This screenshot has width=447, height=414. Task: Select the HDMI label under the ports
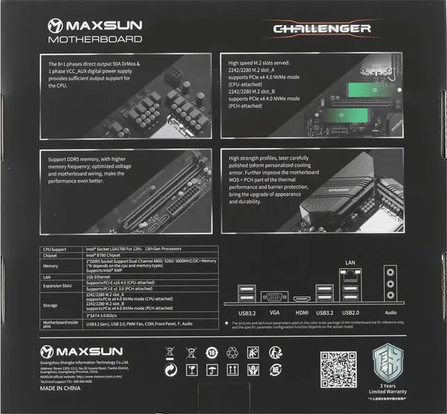click(x=302, y=314)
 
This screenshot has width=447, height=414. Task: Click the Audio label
click(x=390, y=314)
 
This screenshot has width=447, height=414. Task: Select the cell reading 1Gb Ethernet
click(x=104, y=276)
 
